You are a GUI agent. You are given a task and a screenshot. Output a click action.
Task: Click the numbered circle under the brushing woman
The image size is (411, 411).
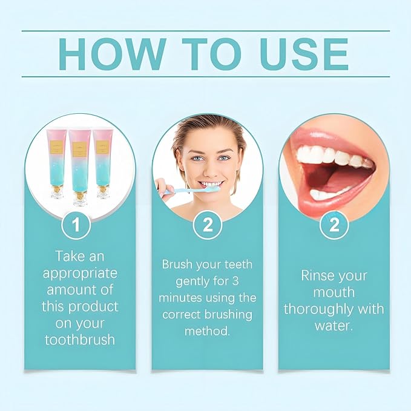point(207,225)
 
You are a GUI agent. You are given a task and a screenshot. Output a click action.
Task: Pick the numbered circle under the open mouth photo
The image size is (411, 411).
point(334,225)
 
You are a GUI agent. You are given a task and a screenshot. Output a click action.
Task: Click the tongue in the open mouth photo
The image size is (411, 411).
point(330,176)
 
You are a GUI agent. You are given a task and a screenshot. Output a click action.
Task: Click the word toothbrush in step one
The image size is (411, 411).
point(80,339)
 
